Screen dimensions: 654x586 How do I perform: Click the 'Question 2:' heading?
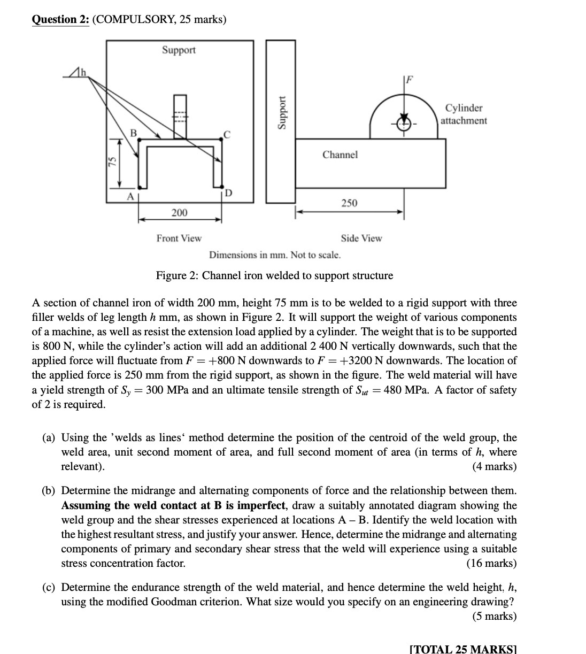pos(60,20)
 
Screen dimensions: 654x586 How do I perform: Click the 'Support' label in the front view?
pos(179,50)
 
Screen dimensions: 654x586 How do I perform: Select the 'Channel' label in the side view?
pos(340,155)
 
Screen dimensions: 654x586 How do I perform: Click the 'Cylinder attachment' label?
pos(464,114)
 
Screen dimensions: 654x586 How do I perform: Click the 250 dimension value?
pos(349,203)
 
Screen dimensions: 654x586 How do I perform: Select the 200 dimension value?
pos(179,213)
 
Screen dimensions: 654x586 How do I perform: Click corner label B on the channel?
pos(134,132)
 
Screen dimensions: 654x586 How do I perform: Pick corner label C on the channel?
pos(227,135)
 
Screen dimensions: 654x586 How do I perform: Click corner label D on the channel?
pos(228,192)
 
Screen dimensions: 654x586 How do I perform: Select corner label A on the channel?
pos(129,196)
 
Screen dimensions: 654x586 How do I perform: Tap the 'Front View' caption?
pos(179,238)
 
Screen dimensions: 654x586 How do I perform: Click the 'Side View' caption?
pos(361,238)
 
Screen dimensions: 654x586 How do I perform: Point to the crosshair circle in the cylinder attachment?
pos(405,122)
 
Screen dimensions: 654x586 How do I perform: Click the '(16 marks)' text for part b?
pos(491,563)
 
